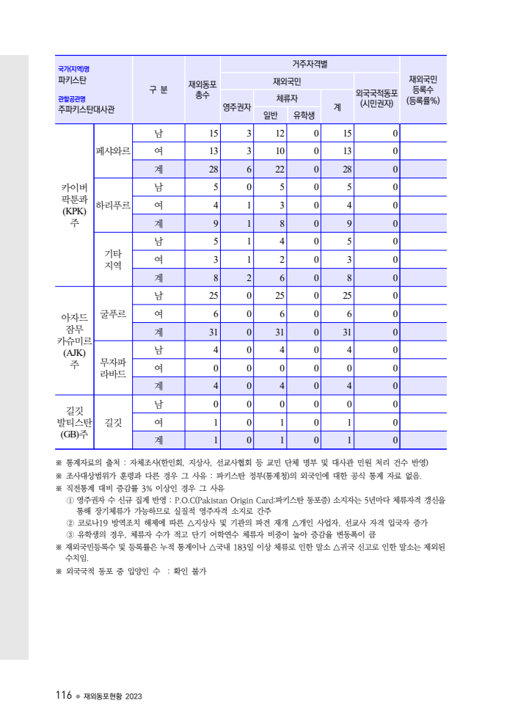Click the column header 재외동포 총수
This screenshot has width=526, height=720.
tap(202, 90)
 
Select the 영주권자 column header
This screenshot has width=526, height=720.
tap(237, 106)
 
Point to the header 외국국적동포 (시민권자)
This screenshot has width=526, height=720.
tap(376, 98)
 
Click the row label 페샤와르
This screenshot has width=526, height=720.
tap(113, 151)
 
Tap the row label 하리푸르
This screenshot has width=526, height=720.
tap(113, 205)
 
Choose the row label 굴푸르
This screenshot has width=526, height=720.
tap(113, 313)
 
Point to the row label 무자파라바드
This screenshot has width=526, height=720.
tap(113, 368)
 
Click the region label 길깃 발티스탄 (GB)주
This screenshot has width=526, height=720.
tap(74, 421)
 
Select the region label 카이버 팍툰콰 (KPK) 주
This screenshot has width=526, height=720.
tap(74, 205)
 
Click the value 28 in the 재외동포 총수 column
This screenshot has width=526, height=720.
tap(213, 170)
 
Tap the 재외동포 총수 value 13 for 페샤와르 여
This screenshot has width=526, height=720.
tap(213, 151)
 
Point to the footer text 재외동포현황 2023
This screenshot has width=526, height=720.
tap(112, 696)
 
